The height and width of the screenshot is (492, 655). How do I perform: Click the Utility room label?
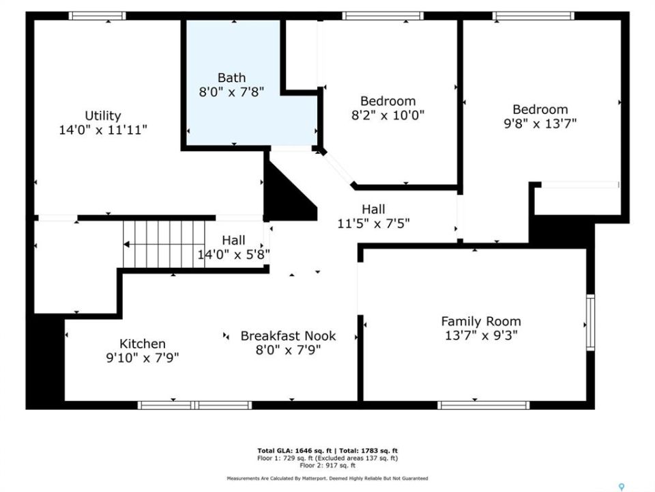[103, 115]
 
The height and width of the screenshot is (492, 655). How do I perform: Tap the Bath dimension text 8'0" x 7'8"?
[231, 92]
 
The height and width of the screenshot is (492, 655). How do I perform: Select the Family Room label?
[481, 321]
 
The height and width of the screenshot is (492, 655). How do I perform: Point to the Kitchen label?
[143, 344]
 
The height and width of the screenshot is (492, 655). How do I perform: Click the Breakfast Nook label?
[288, 336]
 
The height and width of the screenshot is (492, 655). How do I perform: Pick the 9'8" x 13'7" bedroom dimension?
[540, 124]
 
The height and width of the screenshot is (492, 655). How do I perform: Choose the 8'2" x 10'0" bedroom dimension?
[388, 115]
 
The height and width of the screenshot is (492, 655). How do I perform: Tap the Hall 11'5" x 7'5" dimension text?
[373, 223]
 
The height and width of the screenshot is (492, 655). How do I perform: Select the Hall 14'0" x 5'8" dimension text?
[233, 254]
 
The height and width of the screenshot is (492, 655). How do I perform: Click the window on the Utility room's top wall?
[98, 16]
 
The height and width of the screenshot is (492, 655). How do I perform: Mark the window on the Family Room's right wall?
[590, 323]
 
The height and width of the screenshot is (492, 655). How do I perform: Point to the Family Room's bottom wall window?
[483, 405]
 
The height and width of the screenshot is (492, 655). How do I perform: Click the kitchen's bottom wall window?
[194, 405]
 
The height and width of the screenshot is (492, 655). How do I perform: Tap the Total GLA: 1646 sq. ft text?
[295, 450]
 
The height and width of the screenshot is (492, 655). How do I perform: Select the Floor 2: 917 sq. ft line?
[327, 465]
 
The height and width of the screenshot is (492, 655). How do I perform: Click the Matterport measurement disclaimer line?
[327, 478]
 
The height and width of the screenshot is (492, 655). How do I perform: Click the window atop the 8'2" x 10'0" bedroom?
[383, 16]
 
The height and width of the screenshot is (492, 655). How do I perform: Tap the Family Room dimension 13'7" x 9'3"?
[481, 336]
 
